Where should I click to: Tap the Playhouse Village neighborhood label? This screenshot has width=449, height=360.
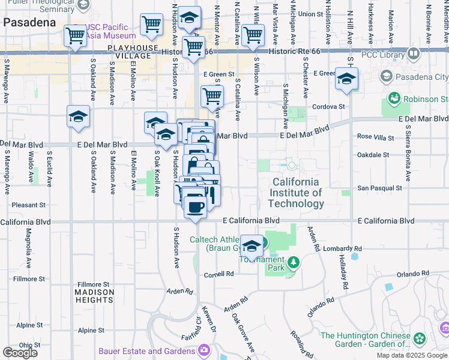[133, 52]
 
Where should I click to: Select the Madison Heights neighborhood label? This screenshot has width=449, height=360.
[94, 296]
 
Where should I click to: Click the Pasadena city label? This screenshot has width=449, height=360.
[29, 22]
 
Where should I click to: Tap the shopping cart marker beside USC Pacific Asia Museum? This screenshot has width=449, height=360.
[75, 35]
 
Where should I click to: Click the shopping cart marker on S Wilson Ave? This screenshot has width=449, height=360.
[253, 35]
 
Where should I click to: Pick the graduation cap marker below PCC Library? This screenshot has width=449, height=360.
[346, 79]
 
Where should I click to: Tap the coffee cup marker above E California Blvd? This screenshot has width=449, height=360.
[194, 208]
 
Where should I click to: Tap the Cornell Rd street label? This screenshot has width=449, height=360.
[218, 274]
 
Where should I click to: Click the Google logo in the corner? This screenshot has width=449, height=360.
[20, 353]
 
